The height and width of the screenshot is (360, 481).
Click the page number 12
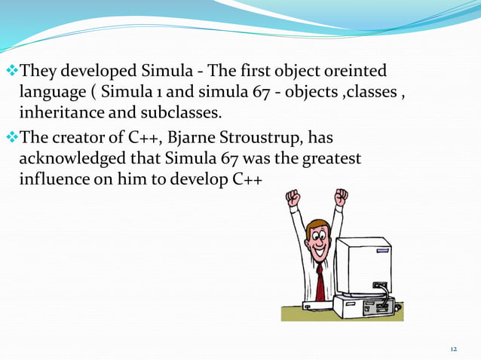pyautogui.click(x=453, y=349)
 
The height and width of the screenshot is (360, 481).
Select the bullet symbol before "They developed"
pyautogui.click(x=12, y=72)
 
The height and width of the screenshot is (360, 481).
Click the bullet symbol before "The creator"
pyautogui.click(x=12, y=139)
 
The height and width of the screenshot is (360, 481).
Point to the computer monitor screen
pyautogui.click(x=362, y=267)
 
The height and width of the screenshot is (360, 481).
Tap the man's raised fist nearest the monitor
pyautogui.click(x=342, y=197)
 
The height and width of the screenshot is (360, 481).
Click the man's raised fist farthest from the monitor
pyautogui.click(x=293, y=198)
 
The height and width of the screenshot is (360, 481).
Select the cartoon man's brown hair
pyautogui.click(x=316, y=227)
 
